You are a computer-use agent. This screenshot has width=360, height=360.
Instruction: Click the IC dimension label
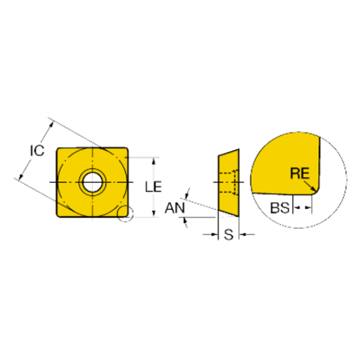(37, 150)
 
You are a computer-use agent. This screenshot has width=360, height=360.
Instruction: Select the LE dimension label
(154, 187)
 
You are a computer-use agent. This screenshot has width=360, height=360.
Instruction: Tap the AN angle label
(174, 208)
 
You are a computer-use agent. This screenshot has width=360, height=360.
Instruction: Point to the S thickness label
(228, 234)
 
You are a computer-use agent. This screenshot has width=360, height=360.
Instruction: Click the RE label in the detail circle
(300, 173)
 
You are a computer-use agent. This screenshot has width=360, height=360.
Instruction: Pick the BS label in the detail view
(279, 207)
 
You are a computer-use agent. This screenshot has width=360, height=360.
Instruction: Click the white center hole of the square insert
(92, 182)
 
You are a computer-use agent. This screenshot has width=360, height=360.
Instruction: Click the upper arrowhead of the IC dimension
(51, 125)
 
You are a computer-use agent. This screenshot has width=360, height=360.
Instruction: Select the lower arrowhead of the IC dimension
(21, 175)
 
